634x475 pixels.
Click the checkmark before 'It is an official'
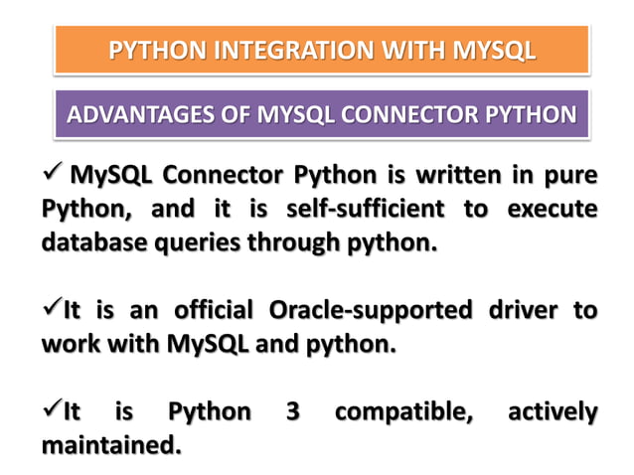click(x=52, y=309)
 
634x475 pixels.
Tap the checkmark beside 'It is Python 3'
click(x=52, y=409)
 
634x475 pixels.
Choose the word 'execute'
click(x=552, y=210)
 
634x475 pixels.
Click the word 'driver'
click(x=524, y=311)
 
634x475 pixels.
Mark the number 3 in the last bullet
click(x=293, y=411)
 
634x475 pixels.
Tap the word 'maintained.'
click(x=111, y=445)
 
